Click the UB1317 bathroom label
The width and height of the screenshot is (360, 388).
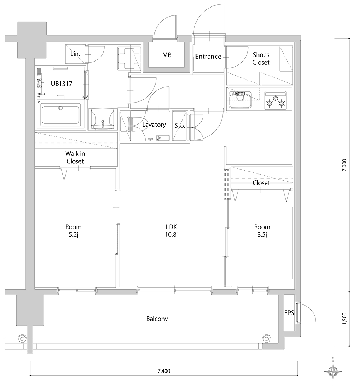[62, 84]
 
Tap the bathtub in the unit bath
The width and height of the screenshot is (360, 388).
[61, 115]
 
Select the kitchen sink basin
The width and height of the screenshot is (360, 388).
[240, 100]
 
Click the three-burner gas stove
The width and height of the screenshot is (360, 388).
[276, 100]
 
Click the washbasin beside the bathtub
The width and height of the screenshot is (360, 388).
[102, 119]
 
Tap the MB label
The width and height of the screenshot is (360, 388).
[167, 55]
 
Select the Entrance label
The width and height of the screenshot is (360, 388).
[208, 57]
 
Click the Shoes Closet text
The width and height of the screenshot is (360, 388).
[261, 59]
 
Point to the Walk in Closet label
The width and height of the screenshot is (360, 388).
[75, 157]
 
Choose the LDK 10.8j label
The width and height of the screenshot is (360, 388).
[171, 231]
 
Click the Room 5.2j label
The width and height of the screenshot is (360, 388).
[73, 231]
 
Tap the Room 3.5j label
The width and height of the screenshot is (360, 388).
[262, 231]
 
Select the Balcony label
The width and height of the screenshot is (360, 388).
[157, 319]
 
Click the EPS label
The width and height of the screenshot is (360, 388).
[289, 313]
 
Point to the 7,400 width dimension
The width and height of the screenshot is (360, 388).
[164, 371]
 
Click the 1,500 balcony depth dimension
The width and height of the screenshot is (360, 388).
[345, 319]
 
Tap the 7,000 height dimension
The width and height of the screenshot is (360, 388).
[345, 165]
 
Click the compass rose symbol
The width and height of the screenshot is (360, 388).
[333, 371]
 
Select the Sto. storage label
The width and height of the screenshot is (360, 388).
[180, 126]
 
